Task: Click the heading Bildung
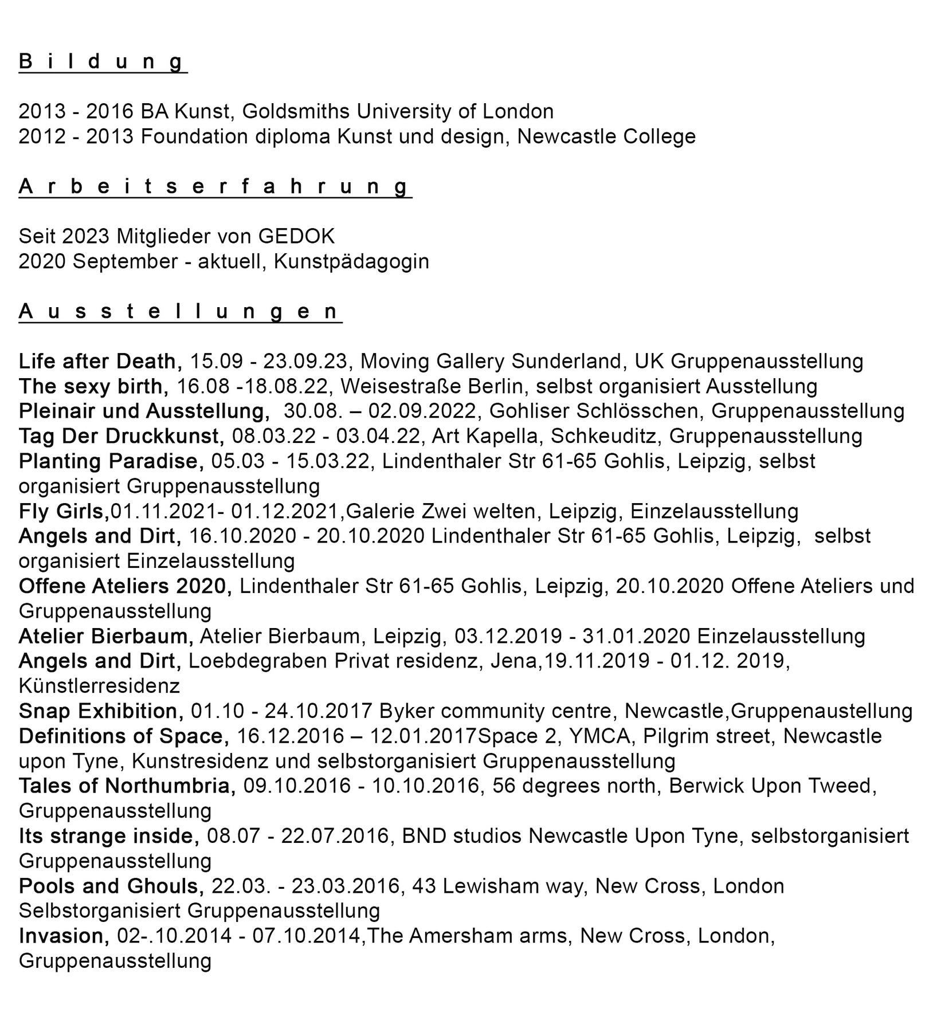(x=103, y=61)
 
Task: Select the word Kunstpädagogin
(x=351, y=261)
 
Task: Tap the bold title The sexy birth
(x=93, y=386)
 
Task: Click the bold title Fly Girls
(x=64, y=511)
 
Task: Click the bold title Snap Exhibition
(x=101, y=711)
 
